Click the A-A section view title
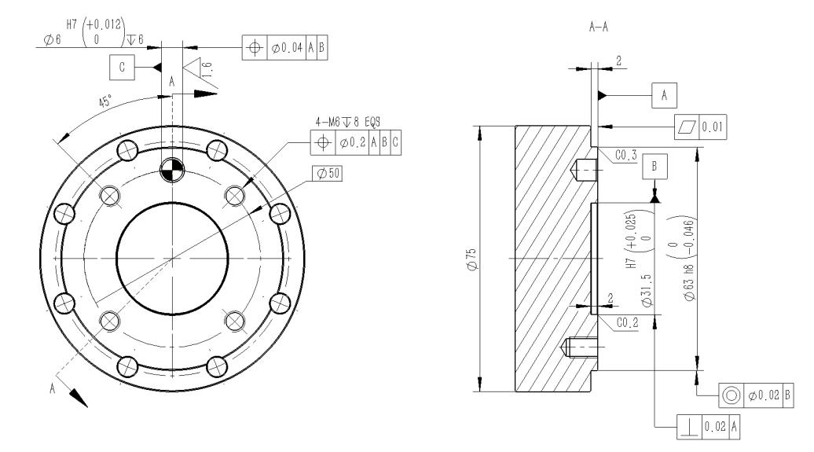pyautogui.click(x=598, y=27)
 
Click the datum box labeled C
pyautogui.click(x=122, y=67)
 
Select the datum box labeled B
pyautogui.click(x=654, y=166)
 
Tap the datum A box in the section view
pyautogui.click(x=664, y=95)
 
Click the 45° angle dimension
pyautogui.click(x=105, y=101)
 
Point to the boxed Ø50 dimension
pyautogui.click(x=327, y=174)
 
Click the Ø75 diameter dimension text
pyautogui.click(x=472, y=259)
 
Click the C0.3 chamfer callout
pyautogui.click(x=625, y=155)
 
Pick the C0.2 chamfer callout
pyautogui.click(x=627, y=322)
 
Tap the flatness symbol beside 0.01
pyautogui.click(x=687, y=127)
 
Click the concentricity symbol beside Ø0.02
pyautogui.click(x=731, y=395)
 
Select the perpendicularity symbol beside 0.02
pyautogui.click(x=689, y=427)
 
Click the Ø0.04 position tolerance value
pyautogui.click(x=286, y=48)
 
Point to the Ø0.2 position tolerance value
pyautogui.click(x=353, y=141)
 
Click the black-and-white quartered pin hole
pyautogui.click(x=172, y=169)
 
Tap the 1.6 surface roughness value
pyautogui.click(x=207, y=69)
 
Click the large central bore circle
pyautogui.click(x=116, y=259)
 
